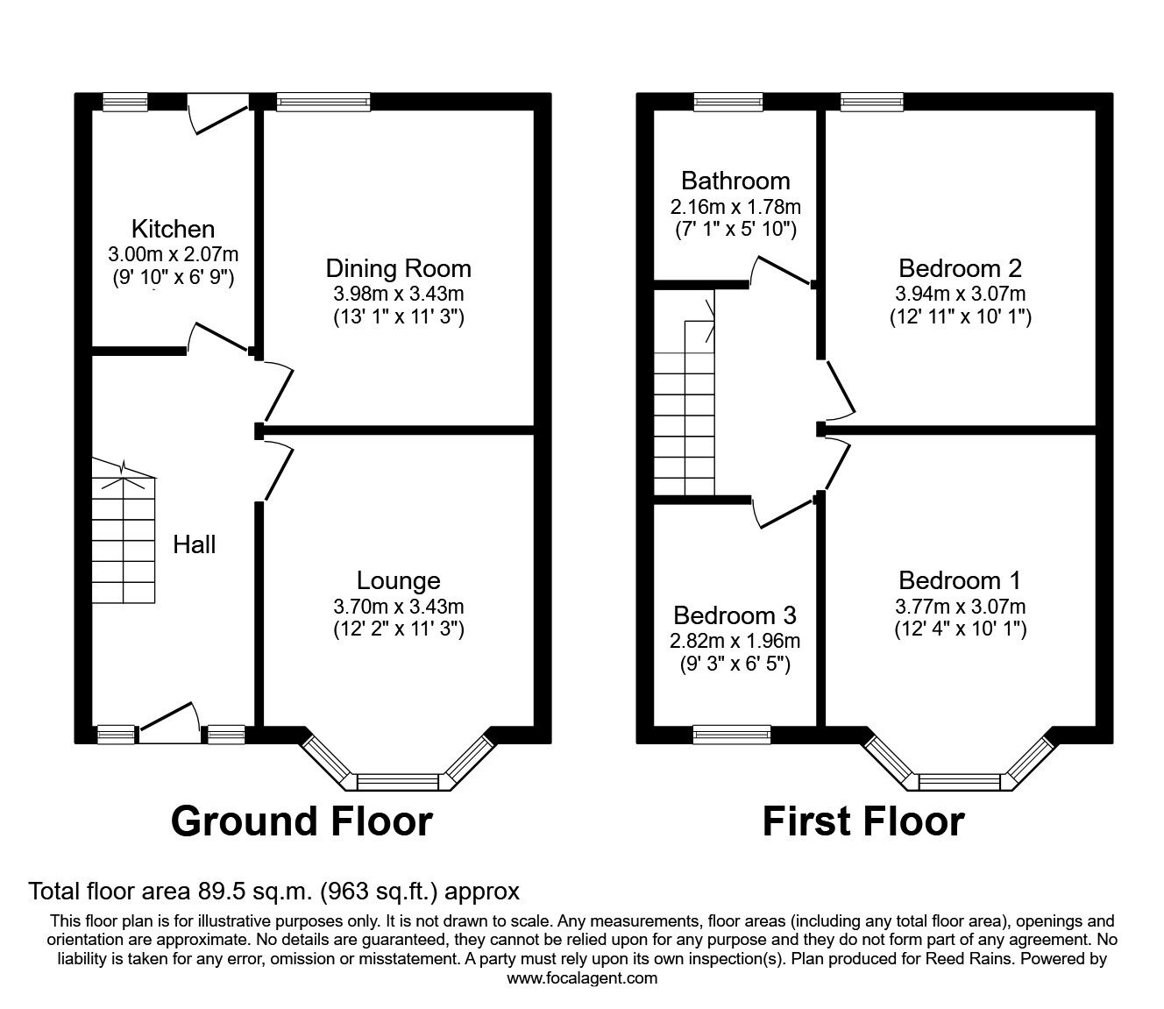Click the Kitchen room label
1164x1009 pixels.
point(173,230)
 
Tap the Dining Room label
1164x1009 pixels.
point(398,268)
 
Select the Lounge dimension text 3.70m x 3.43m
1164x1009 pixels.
point(398,606)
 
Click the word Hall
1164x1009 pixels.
point(194,544)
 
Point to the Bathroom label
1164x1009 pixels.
point(735,181)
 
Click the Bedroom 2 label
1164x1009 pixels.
point(960,268)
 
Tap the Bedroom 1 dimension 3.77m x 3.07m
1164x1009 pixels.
point(960,606)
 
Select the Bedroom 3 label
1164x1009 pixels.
point(735,615)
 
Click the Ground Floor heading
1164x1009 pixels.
point(302,822)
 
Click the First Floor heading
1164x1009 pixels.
point(863,822)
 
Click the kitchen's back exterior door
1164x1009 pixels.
point(219,114)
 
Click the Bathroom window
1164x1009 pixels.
point(727,102)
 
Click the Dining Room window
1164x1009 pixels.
point(323,102)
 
